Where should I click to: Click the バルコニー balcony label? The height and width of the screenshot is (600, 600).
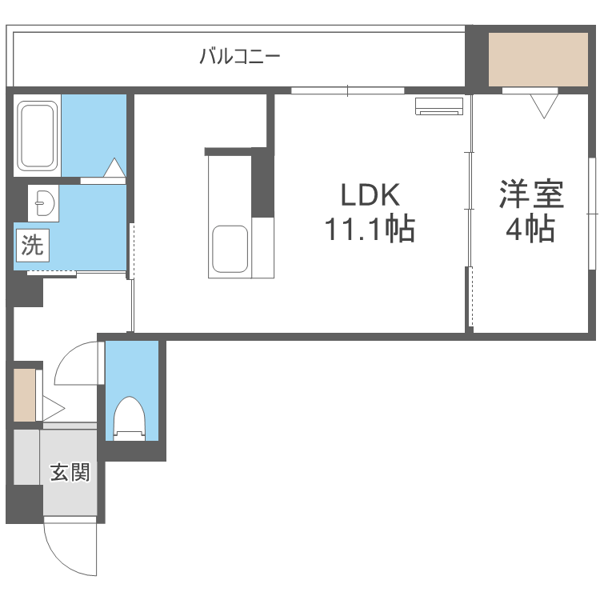[240, 57]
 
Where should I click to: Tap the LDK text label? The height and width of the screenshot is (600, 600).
[370, 194]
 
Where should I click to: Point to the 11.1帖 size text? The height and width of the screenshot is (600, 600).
[370, 229]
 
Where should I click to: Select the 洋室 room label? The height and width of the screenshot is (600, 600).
[531, 194]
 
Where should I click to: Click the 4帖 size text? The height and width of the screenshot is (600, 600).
[530, 229]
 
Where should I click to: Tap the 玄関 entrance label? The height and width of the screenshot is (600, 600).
[70, 472]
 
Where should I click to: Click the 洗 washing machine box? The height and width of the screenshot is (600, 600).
[33, 246]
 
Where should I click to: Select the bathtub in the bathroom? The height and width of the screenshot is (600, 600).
[37, 134]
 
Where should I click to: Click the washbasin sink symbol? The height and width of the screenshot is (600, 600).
[45, 203]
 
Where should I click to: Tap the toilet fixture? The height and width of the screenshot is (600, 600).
[130, 418]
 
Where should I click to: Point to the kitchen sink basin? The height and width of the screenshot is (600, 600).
[230, 249]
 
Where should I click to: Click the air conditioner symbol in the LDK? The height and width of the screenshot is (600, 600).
[439, 106]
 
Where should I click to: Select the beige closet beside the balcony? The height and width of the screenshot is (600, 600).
[538, 60]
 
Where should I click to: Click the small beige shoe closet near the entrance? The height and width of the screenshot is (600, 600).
[25, 395]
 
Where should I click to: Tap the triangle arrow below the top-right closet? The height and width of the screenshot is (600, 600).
[544, 106]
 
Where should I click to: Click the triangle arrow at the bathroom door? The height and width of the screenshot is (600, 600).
[114, 167]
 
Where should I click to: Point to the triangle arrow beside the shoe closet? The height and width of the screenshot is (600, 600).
[54, 408]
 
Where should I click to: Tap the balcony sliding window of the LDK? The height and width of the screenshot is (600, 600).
[347, 90]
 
